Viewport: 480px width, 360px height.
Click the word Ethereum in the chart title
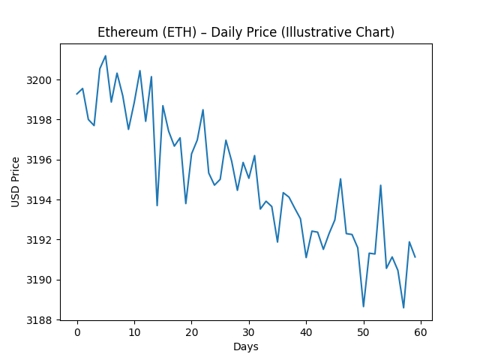[x=125, y=32]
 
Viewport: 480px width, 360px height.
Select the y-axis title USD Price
[x=16, y=181]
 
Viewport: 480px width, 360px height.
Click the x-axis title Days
[x=246, y=346]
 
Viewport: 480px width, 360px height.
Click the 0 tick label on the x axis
[x=77, y=333]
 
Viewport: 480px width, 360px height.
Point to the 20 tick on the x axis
[x=191, y=333]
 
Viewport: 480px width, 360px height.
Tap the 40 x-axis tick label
[x=306, y=333]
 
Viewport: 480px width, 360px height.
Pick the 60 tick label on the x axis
[x=421, y=333]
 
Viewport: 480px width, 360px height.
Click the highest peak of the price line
[x=106, y=55]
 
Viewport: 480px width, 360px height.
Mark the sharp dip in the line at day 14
[x=157, y=205]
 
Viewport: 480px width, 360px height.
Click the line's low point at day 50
[x=364, y=306]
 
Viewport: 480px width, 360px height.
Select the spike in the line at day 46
[x=340, y=179]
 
